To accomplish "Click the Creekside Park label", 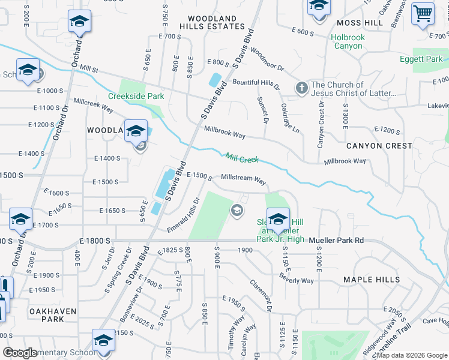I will click(x=136, y=96).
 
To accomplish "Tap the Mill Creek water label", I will click(x=242, y=159).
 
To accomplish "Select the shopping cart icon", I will click(x=423, y=13).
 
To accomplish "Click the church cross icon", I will click(x=302, y=89).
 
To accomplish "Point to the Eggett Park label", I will click(x=421, y=59).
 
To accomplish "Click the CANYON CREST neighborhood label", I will click(x=379, y=146).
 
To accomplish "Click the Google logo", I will click(x=20, y=353).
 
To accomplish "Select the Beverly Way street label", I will click(x=297, y=278).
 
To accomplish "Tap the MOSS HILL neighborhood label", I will click(x=360, y=23).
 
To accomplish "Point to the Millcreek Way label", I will click(x=93, y=105).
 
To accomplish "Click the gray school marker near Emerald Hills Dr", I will click(x=237, y=209).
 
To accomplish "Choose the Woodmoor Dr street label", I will click(x=267, y=59).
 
